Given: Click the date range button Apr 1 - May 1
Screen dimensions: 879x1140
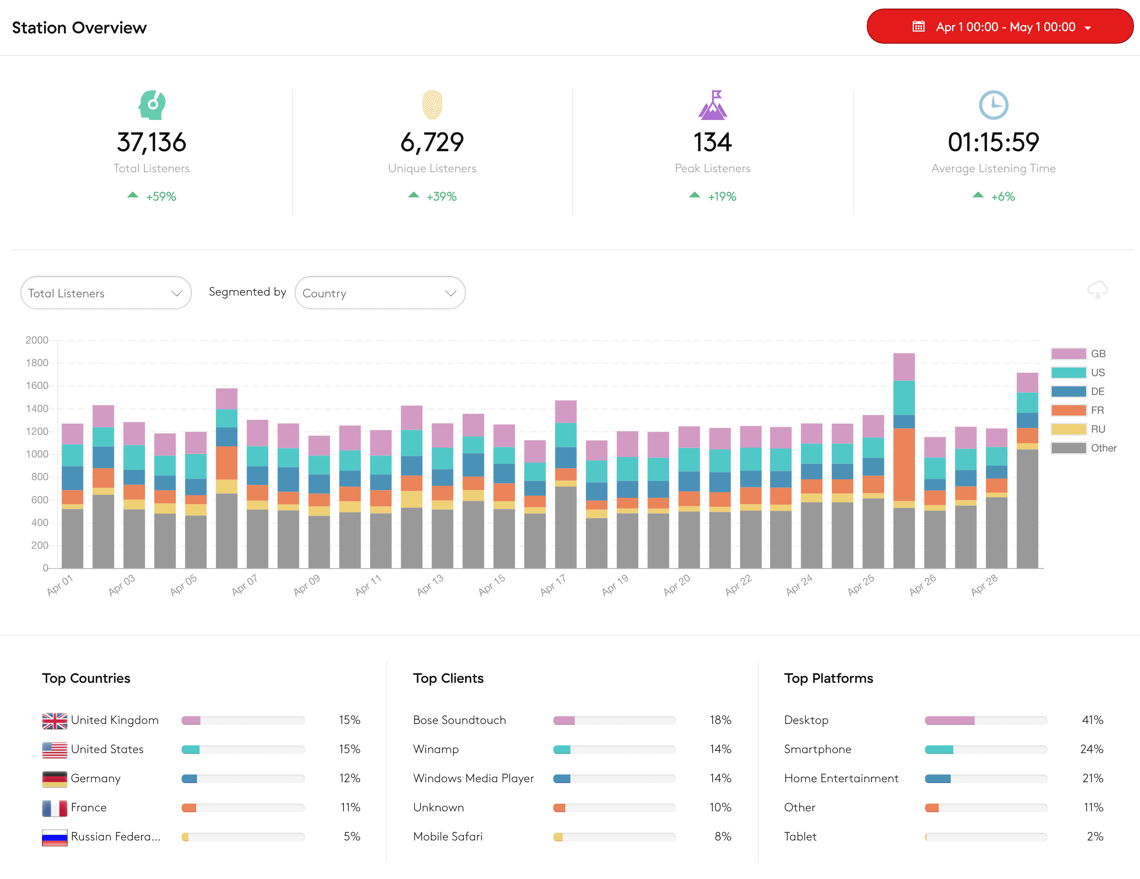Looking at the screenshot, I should [999, 27].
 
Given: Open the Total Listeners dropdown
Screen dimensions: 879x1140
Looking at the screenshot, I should [106, 293].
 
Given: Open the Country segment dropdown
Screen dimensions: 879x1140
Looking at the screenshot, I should [379, 293].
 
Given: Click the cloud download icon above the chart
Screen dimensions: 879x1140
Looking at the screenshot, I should [1097, 290].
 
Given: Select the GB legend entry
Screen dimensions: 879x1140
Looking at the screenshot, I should [1078, 354].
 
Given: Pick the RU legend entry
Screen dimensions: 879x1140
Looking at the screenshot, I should [1078, 429].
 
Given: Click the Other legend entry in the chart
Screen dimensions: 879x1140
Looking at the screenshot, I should [1083, 448].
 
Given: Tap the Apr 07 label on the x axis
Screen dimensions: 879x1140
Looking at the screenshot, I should [244, 585].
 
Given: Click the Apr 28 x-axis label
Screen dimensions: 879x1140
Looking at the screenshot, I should [984, 585].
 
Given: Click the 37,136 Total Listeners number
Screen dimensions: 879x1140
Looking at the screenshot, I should [151, 142].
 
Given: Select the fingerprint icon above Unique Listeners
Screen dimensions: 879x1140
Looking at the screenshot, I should [432, 105].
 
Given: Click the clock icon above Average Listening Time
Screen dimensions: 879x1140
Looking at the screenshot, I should [993, 105].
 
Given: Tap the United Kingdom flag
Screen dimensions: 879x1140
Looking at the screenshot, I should [55, 721].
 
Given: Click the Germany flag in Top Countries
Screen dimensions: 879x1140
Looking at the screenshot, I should [55, 779].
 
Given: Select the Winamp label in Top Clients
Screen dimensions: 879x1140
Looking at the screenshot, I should [436, 750].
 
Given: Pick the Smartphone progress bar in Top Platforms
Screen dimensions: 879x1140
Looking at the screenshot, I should [985, 750].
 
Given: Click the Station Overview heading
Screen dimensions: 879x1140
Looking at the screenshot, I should [79, 28].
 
